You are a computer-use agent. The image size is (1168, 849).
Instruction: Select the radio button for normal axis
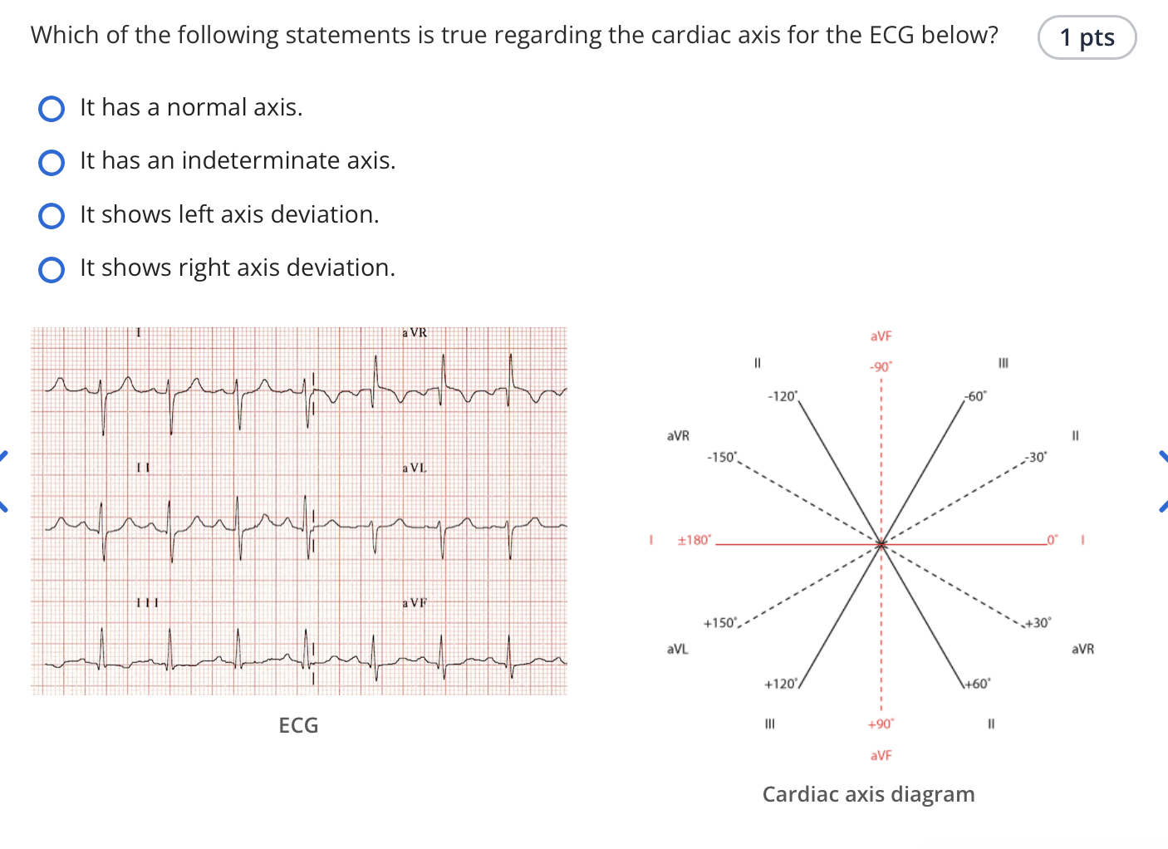click(x=52, y=109)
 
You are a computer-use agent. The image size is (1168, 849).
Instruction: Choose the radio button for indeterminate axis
click(x=52, y=162)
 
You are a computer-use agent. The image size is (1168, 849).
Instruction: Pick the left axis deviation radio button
click(x=52, y=215)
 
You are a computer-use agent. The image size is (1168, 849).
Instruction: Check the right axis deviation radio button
click(x=52, y=269)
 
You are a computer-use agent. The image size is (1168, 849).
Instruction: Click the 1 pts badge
click(x=1087, y=37)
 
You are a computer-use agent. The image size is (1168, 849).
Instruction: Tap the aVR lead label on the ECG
click(x=415, y=332)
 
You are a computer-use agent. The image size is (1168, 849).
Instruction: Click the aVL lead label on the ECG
click(x=415, y=468)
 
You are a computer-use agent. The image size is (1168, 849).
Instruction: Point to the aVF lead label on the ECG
click(x=415, y=603)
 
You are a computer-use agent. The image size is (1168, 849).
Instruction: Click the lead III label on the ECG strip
click(x=147, y=603)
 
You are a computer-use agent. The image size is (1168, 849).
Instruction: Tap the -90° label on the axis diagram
click(x=881, y=367)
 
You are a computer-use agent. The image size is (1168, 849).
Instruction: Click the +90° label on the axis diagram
click(x=881, y=724)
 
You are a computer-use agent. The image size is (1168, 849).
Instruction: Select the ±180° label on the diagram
click(x=694, y=540)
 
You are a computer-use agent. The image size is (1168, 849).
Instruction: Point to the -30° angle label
click(x=1036, y=458)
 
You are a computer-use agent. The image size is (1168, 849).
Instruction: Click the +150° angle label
click(x=720, y=623)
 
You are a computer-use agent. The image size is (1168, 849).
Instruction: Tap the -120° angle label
click(x=783, y=396)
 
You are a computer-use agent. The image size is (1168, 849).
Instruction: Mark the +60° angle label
click(x=977, y=684)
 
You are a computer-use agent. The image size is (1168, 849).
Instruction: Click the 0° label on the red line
click(x=1053, y=540)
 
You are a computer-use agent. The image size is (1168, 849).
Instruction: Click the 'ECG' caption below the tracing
click(x=298, y=725)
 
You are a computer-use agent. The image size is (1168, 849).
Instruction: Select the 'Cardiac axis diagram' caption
click(x=869, y=794)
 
